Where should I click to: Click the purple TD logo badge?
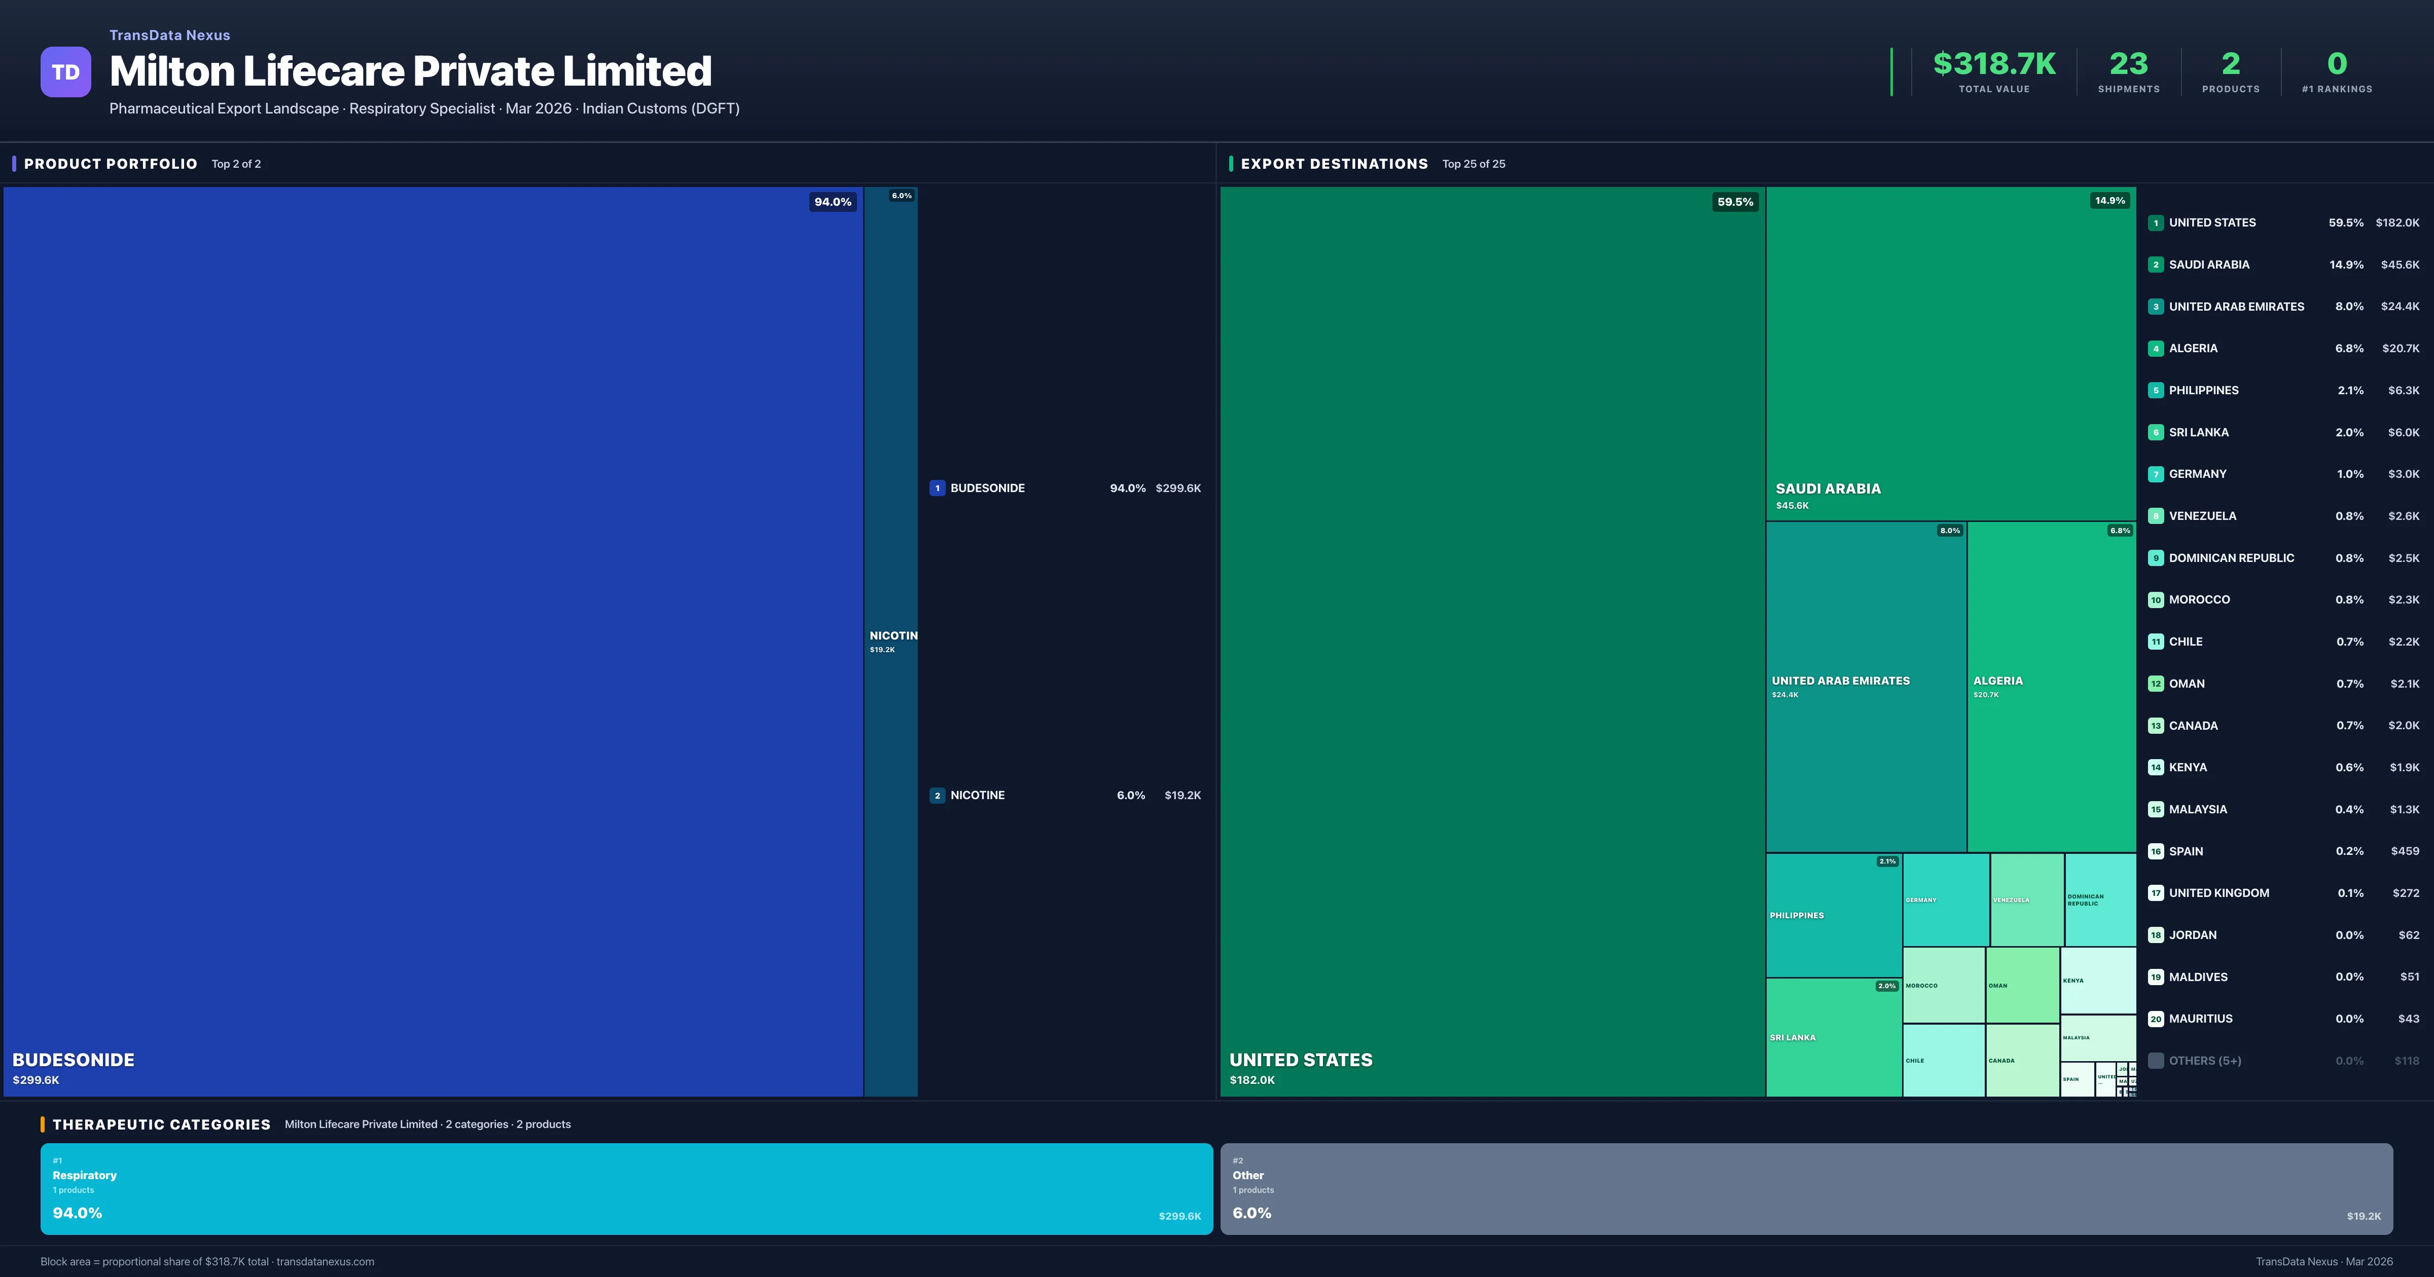[65, 72]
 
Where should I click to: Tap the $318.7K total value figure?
[1994, 63]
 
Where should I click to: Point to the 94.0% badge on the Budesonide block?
[833, 202]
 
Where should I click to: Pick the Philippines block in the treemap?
[1833, 914]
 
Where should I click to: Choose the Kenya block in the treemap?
[2098, 981]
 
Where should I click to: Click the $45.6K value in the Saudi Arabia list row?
[2399, 265]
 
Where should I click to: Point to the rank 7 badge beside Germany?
[2155, 474]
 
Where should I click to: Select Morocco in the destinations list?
[2199, 600]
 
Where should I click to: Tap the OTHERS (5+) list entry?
[2204, 1061]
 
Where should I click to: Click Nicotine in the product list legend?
[977, 795]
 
